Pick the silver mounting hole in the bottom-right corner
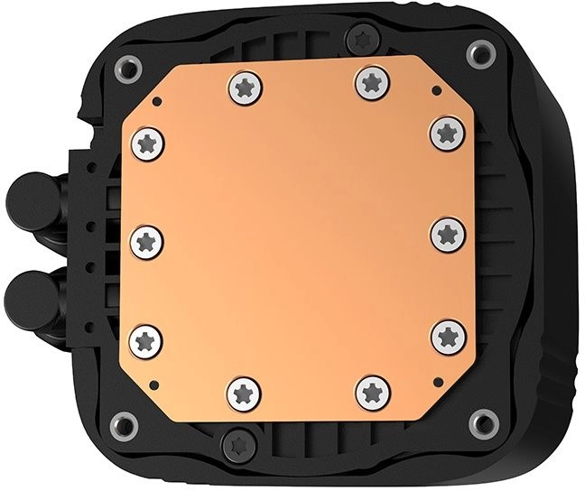[484, 418]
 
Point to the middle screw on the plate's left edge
[146, 241]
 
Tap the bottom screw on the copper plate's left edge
[146, 339]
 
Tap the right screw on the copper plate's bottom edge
[372, 391]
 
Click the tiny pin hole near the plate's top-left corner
[156, 101]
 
